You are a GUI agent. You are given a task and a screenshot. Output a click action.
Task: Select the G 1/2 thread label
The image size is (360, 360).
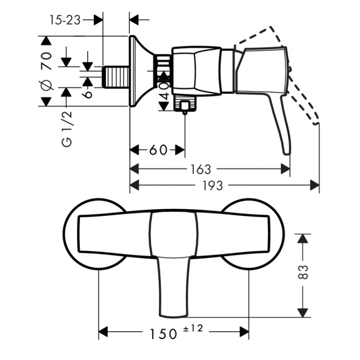point(67,130)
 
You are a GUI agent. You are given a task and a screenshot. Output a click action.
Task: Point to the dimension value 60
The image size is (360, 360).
point(157,150)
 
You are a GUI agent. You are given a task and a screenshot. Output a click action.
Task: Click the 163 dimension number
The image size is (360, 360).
point(200,169)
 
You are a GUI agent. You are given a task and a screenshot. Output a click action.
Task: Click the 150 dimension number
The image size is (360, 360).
point(163,333)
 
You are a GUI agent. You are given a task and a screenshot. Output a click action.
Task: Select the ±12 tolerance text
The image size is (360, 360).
point(193,329)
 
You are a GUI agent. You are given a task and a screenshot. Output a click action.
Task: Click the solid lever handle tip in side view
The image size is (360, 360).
point(285,148)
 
